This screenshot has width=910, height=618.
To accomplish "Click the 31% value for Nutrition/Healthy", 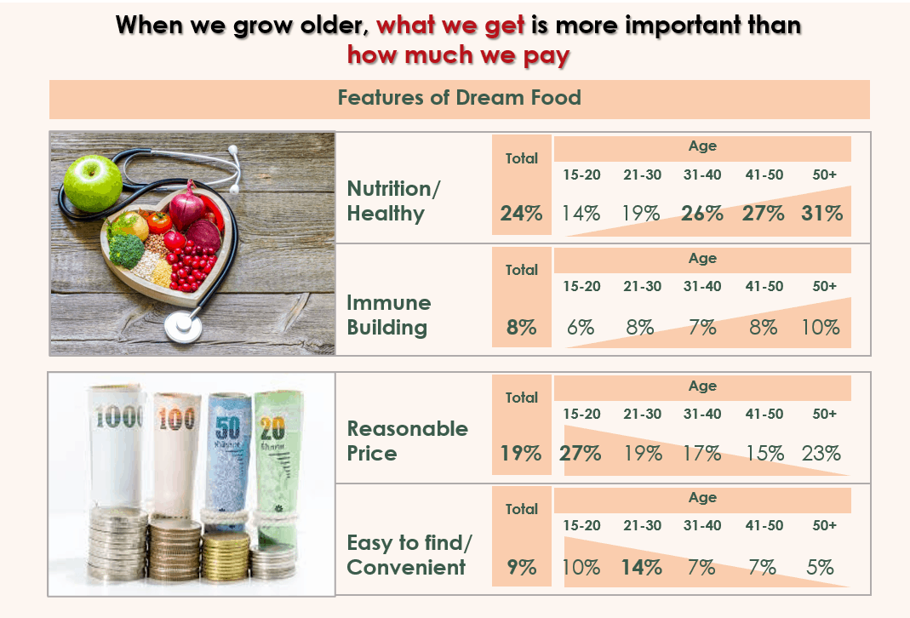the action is [821, 214].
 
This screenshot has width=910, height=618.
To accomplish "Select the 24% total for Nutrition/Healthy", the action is [521, 214].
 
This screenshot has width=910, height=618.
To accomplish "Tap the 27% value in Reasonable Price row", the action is [581, 453].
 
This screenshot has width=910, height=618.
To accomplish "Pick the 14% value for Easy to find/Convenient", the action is [641, 567].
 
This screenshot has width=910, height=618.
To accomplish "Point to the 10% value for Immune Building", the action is [821, 327].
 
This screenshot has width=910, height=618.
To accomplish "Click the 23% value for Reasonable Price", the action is [821, 453].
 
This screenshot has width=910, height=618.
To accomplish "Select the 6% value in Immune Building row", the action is [581, 327].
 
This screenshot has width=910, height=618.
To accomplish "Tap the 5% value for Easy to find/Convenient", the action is [820, 567].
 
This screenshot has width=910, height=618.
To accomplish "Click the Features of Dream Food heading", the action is [459, 98].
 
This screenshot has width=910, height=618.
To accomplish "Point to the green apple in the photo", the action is [93, 183].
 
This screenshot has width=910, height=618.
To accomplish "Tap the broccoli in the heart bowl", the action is [126, 249].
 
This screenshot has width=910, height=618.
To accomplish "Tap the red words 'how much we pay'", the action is [459, 55].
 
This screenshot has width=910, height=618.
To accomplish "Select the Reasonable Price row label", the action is [408, 441].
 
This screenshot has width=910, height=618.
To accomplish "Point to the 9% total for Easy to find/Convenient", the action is [521, 567].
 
